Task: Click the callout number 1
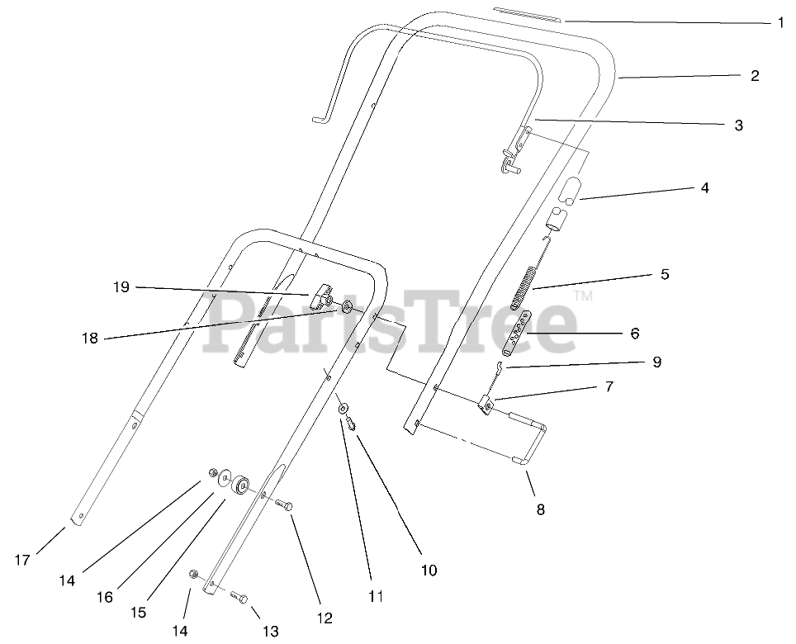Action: pos(780,22)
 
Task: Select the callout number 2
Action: pos(755,76)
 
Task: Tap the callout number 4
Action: pos(704,187)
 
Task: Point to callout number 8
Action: pos(540,509)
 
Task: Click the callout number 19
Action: pos(121,287)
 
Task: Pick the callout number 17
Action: pos(22,560)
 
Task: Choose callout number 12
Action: pos(324,618)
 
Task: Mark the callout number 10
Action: pos(429,570)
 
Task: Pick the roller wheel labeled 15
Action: pos(241,485)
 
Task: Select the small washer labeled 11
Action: pos(342,410)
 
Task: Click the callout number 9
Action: pos(656,362)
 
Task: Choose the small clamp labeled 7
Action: pos(487,405)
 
